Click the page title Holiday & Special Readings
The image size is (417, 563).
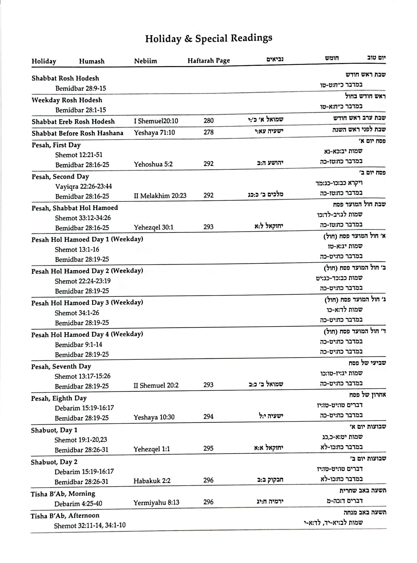coord(208,38)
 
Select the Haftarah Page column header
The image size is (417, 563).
coord(209,61)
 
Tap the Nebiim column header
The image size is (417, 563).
coord(145,61)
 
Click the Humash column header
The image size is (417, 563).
coord(91,61)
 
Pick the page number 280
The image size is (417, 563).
coord(208,121)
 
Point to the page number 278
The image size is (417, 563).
coord(208,132)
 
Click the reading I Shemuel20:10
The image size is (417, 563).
coord(156,121)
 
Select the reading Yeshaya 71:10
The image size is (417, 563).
coord(154,133)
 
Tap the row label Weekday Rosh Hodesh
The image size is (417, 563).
coord(67,100)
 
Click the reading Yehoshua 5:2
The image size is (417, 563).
coord(153,164)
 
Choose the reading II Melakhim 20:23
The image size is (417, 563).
coord(160,196)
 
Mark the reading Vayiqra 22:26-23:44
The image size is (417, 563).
coord(83,186)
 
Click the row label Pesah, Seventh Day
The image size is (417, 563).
coord(61,366)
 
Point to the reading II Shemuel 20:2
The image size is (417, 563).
coord(156,385)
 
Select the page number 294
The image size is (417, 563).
coord(208,416)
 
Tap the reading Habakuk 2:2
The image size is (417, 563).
coord(152,481)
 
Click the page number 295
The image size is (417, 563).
coord(208,448)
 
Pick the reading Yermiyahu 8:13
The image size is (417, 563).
coord(156,502)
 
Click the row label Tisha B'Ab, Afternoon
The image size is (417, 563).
coord(65,515)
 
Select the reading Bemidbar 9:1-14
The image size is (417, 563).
coord(78,344)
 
